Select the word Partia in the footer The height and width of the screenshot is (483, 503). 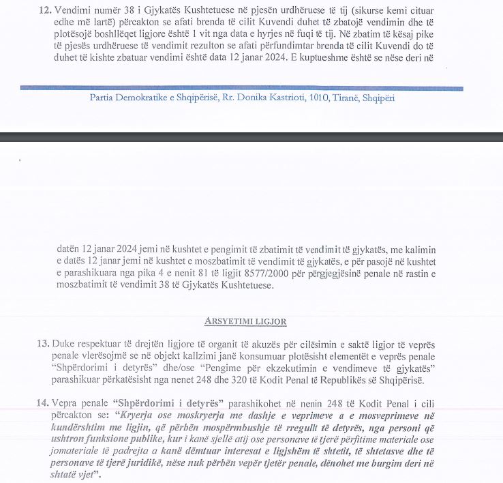pos(103,98)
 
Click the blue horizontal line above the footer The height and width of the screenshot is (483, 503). pos(241,88)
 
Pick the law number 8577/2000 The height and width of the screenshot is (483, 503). pos(242,274)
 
